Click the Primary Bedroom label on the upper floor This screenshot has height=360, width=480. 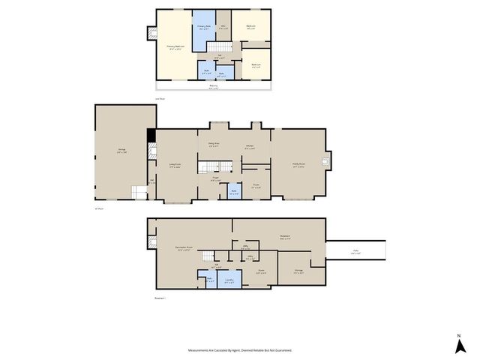pyautogui.click(x=175, y=47)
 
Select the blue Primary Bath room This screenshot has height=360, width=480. pyautogui.click(x=203, y=28)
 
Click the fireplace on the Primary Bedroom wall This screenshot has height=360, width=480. pyautogui.click(x=152, y=32)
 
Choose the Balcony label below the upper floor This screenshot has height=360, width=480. pyautogui.click(x=214, y=86)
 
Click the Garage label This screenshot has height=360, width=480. pyautogui.click(x=121, y=151)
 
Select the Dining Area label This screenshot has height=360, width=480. pyautogui.click(x=214, y=144)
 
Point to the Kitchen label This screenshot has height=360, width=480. pyautogui.click(x=249, y=147)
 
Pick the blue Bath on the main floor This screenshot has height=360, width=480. pyautogui.click(x=234, y=191)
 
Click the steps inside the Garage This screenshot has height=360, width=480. pyautogui.click(x=139, y=193)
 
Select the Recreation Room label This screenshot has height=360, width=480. pyautogui.click(x=182, y=248)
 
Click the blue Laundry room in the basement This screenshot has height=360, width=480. pyautogui.click(x=229, y=280)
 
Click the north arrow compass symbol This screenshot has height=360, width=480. pyautogui.click(x=459, y=345)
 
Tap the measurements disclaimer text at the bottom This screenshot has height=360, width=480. pyautogui.click(x=240, y=349)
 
